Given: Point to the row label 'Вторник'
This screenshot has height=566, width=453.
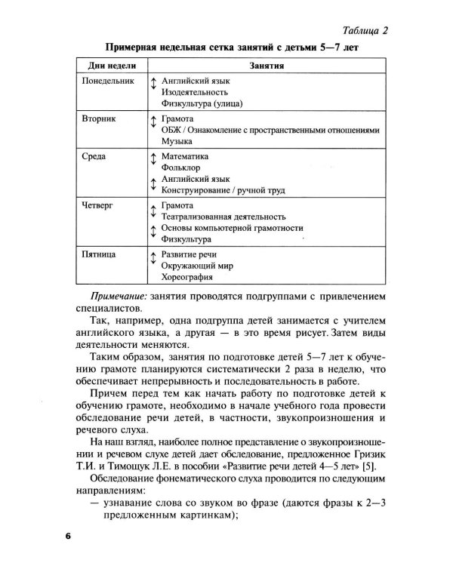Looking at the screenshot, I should [99, 119].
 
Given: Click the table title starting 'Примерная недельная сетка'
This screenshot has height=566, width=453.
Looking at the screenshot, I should [226, 48].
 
